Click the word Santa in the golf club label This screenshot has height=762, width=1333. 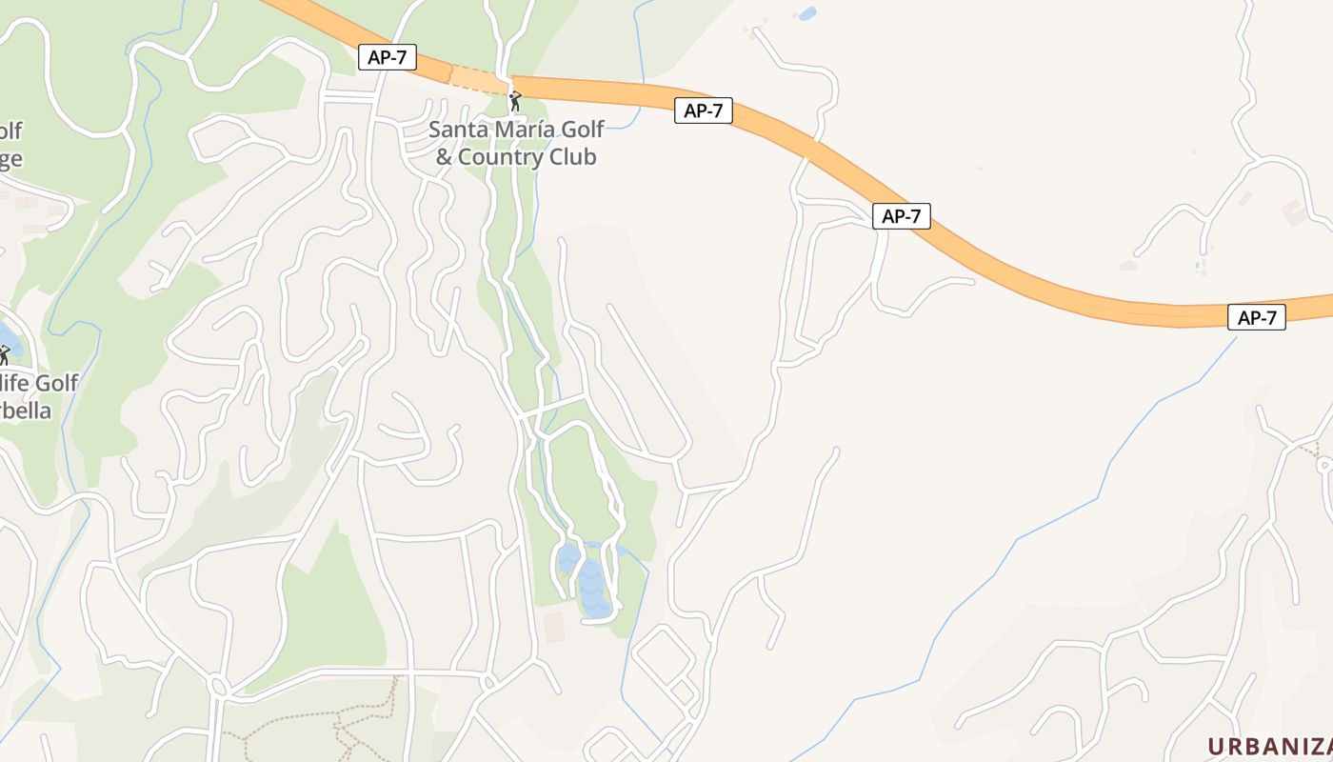pyautogui.click(x=455, y=130)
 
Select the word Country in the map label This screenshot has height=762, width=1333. pyautogui.click(x=506, y=157)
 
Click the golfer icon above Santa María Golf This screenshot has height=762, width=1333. pyautogui.click(x=515, y=99)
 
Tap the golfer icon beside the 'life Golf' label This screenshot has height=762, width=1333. pyautogui.click(x=4, y=354)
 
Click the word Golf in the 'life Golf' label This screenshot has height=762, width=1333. pyautogui.click(x=55, y=383)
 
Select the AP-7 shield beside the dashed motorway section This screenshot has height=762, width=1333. pyautogui.click(x=388, y=57)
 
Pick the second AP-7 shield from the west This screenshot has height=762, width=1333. pyautogui.click(x=704, y=110)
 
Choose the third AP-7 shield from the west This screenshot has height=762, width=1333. pyautogui.click(x=901, y=216)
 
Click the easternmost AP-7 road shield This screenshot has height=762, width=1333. pyautogui.click(x=1257, y=318)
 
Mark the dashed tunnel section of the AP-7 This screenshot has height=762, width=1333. pyautogui.click(x=479, y=80)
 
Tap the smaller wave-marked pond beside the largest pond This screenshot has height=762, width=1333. pyautogui.click(x=567, y=557)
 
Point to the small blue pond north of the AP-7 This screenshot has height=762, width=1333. pyautogui.click(x=807, y=13)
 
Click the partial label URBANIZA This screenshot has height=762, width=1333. pyautogui.click(x=1269, y=746)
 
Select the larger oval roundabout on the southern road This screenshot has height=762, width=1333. pyautogui.click(x=218, y=686)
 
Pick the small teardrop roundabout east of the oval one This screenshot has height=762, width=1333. pyautogui.click(x=488, y=681)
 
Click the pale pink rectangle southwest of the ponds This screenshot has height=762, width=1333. pyautogui.click(x=553, y=627)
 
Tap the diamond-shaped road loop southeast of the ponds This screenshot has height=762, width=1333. pyautogui.click(x=664, y=658)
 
